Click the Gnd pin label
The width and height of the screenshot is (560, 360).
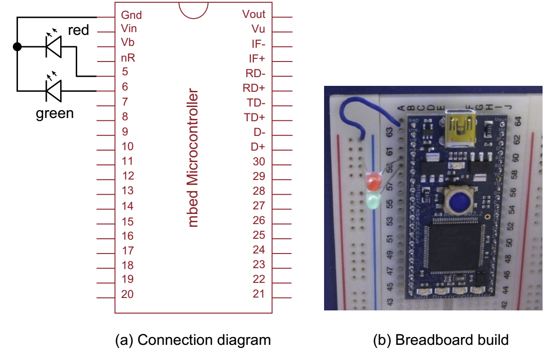[x=131, y=15]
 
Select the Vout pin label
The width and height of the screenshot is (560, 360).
[x=254, y=14]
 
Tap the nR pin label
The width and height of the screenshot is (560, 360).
[x=128, y=58]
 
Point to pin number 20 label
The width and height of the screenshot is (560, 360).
[x=127, y=294]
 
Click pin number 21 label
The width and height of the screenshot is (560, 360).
[x=259, y=293]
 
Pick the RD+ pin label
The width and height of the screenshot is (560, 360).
[x=254, y=88]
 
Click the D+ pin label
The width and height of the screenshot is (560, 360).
[x=258, y=147]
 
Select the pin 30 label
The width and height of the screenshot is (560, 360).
[x=259, y=162]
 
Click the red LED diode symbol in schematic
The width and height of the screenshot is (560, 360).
[x=53, y=46]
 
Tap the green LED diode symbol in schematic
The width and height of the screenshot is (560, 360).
[x=53, y=90]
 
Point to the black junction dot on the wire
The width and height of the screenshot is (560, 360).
[x=17, y=46]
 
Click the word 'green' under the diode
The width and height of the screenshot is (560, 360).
[x=55, y=113]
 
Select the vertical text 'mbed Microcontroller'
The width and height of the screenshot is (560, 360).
[x=194, y=158]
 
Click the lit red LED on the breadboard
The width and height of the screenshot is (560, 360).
[x=373, y=182]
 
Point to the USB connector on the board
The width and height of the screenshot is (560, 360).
[x=457, y=125]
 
